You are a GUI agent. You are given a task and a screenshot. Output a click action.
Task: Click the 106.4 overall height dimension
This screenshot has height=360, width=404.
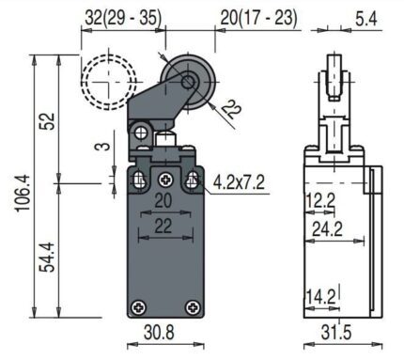[23, 193]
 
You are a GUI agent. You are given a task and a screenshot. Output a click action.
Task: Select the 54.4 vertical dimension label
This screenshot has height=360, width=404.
[47, 257]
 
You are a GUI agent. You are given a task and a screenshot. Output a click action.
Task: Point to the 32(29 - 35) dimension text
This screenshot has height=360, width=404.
[123, 18]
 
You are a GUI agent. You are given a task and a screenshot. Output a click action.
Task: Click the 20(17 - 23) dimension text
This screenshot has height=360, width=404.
[258, 18]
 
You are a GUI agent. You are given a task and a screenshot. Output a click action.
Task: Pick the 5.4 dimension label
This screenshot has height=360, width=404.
[366, 20]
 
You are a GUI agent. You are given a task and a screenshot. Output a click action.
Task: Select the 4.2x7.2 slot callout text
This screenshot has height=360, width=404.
[239, 182]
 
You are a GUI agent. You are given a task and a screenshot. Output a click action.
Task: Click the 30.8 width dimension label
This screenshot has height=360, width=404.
[159, 332]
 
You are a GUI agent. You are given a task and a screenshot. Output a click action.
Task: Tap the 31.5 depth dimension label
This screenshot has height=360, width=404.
[336, 332]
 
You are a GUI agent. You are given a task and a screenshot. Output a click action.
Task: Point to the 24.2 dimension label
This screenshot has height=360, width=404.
[327, 229]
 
